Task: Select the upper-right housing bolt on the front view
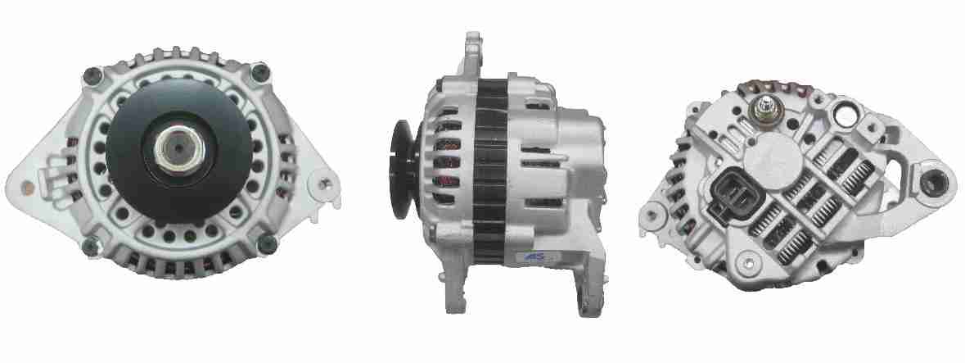click(x=261, y=72)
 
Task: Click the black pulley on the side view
click(x=404, y=170)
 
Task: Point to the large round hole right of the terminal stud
click(x=847, y=116)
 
